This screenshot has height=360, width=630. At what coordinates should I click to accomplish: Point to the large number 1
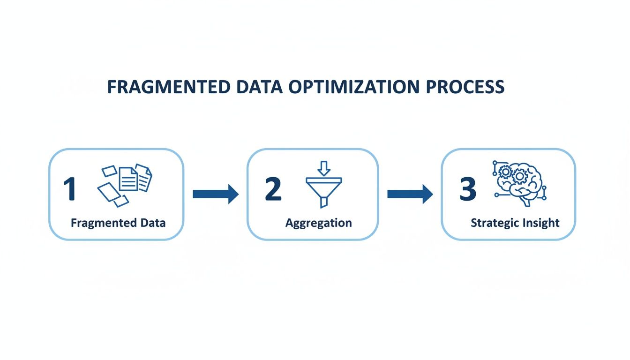tap(69, 188)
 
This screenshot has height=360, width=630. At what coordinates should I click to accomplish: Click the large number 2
tap(273, 188)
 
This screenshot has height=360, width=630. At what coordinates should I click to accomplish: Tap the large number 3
tap(467, 188)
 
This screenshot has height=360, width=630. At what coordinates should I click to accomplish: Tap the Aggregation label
tap(319, 223)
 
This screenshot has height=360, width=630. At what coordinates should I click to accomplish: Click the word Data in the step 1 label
tap(153, 223)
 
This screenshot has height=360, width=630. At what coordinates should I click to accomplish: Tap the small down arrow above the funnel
tap(324, 167)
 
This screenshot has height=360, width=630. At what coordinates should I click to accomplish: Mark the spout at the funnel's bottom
tap(324, 202)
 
